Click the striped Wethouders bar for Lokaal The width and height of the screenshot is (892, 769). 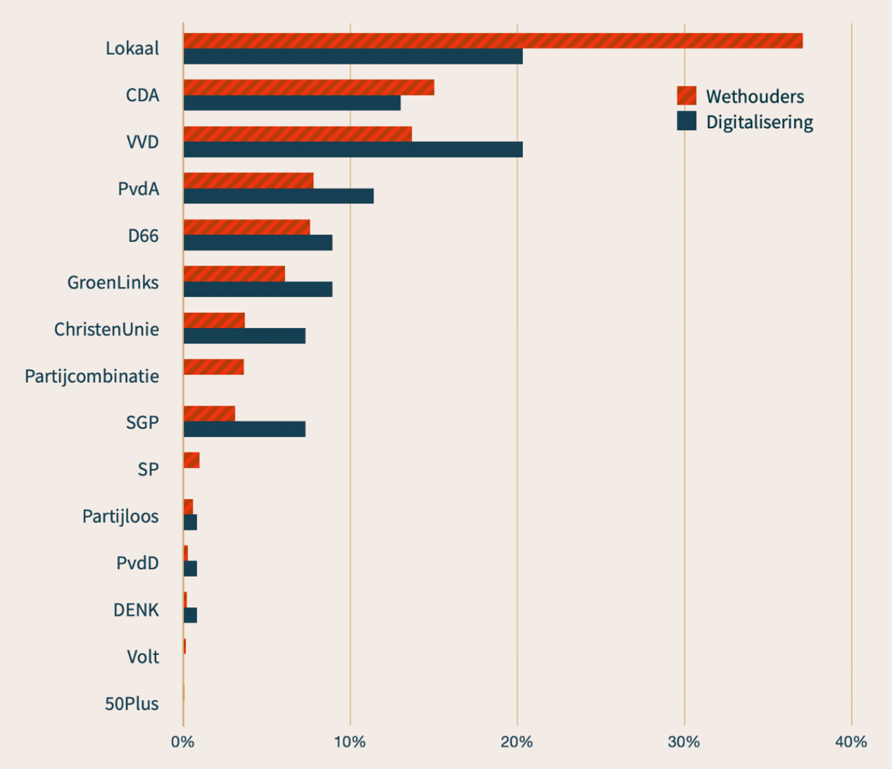tap(492, 41)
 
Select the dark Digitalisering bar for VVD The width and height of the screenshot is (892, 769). tap(353, 149)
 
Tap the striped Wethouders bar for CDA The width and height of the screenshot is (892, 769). tap(308, 87)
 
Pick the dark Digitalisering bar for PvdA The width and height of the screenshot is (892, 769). tap(279, 196)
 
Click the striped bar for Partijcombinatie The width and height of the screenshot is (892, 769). tap(214, 367)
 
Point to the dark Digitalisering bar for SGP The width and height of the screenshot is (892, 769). tap(245, 429)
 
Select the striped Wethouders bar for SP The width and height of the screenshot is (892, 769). tap(191, 460)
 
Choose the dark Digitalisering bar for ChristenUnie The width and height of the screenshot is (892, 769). tap(245, 336)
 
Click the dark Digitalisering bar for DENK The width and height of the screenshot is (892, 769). tap(190, 615)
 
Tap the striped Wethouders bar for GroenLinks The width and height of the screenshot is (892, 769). tap(234, 273)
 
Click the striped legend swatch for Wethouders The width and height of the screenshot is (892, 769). tap(686, 96)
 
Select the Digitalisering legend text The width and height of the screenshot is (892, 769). tap(759, 122)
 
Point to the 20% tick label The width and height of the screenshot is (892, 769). tap(517, 742)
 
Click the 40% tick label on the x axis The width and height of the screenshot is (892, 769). tap(851, 742)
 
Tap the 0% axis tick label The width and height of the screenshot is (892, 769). tap(183, 742)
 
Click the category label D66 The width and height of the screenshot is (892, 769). tap(143, 235)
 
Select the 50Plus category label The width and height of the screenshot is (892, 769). tap(131, 703)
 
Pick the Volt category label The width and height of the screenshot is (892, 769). tap(142, 657)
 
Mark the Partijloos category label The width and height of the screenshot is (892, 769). tap(120, 516)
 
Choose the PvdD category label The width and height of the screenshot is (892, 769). tap(138, 563)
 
